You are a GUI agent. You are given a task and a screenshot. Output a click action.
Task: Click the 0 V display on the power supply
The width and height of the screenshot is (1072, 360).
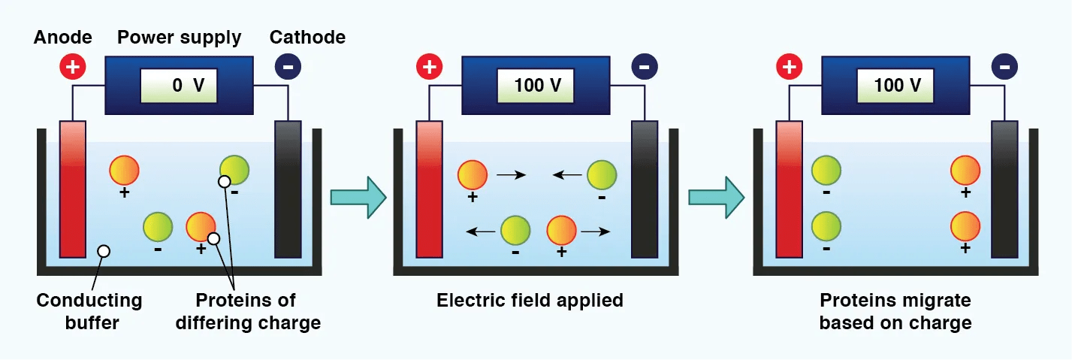click(179, 86)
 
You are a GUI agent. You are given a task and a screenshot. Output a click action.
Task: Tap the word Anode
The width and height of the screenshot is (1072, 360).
click(62, 38)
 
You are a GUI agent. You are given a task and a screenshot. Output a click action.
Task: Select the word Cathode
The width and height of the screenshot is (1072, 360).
click(307, 38)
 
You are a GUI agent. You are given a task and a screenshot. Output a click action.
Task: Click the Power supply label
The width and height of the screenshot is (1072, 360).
click(179, 38)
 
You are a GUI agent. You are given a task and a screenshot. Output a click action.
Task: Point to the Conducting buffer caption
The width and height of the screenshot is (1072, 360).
click(89, 311)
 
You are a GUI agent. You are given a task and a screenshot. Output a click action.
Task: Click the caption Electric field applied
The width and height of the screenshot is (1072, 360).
click(530, 301)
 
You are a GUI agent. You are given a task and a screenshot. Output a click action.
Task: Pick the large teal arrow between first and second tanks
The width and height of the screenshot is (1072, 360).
click(358, 197)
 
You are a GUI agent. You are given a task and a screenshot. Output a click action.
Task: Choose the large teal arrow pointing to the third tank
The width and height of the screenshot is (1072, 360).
click(717, 197)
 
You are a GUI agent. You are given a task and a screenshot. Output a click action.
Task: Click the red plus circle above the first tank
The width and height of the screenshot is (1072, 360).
click(73, 67)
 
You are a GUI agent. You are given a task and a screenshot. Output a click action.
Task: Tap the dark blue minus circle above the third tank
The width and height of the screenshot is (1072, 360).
click(1004, 67)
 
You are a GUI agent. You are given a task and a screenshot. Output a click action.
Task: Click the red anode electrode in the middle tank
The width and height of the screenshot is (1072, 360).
click(429, 189)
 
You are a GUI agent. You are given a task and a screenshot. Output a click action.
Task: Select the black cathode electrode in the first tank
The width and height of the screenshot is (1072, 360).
click(288, 189)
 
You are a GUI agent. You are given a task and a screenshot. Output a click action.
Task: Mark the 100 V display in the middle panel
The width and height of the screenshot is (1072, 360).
click(536, 86)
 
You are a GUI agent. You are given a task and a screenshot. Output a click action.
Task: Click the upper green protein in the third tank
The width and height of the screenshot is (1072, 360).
click(826, 171)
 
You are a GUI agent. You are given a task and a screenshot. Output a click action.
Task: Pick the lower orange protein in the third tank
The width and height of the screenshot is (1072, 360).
click(965, 226)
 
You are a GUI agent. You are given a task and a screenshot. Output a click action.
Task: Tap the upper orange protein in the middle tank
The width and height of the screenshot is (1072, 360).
click(473, 174)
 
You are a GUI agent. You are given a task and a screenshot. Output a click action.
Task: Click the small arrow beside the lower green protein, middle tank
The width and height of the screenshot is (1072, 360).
click(481, 232)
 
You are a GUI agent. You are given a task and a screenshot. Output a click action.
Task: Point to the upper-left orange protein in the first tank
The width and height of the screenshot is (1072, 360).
click(125, 171)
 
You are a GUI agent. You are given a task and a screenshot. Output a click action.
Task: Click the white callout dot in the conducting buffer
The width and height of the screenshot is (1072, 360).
click(104, 251)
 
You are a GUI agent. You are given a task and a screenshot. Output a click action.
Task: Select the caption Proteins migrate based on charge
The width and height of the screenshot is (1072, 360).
click(895, 311)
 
